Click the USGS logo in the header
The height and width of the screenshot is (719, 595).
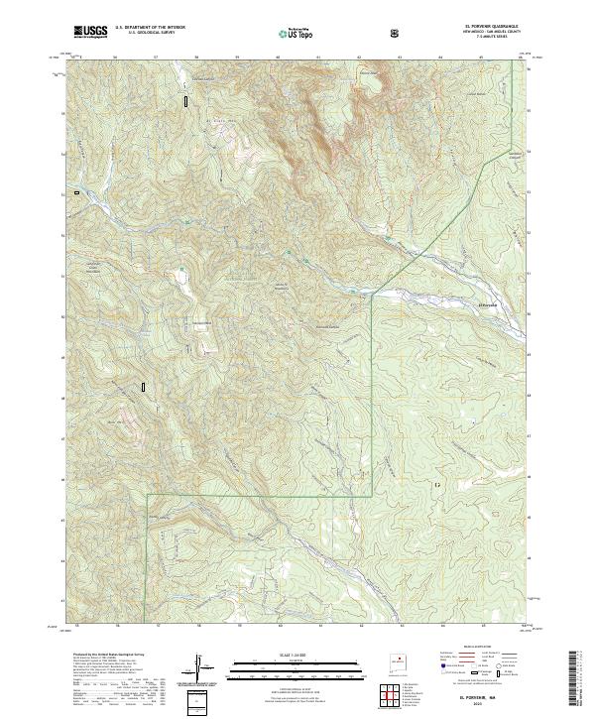(x=90, y=32)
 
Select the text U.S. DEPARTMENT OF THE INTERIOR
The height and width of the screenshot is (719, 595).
(x=151, y=29)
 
